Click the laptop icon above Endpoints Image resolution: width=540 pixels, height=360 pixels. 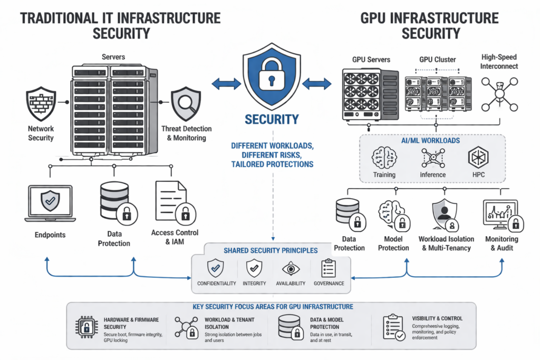[x=51, y=204]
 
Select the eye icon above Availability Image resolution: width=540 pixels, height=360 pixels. [x=291, y=268]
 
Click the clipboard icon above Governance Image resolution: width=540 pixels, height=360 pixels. [x=329, y=268]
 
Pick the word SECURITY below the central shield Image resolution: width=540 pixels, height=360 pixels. [x=272, y=120]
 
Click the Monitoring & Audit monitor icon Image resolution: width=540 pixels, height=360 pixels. [x=499, y=213]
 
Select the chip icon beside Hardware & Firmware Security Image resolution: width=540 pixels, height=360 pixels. [x=85, y=326]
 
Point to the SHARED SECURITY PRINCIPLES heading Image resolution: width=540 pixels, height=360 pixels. [x=271, y=250]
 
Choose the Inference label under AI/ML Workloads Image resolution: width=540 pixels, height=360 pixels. [x=432, y=174]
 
